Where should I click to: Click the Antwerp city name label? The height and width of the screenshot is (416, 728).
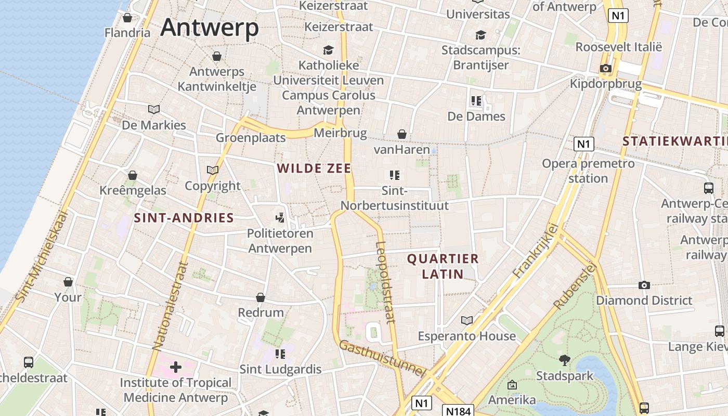[x=209, y=27]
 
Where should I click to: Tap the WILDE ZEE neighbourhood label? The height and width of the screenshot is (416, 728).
[x=314, y=168]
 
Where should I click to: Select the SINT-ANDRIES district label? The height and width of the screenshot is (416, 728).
[x=184, y=218]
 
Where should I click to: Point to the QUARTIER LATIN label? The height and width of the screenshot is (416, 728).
[x=435, y=266]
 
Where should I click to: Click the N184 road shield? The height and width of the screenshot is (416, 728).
[x=458, y=411]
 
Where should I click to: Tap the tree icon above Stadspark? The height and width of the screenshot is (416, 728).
[x=564, y=360]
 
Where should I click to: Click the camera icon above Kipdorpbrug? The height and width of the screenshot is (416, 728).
[x=605, y=68]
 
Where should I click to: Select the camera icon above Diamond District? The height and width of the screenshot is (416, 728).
[x=644, y=285]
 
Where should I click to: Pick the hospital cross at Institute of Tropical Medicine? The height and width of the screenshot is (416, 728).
[x=176, y=367]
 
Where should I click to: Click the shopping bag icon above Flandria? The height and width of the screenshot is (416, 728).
[x=127, y=18]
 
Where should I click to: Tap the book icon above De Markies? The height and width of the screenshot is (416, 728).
[x=154, y=109]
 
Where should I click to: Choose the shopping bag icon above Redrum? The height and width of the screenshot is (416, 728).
[x=261, y=297]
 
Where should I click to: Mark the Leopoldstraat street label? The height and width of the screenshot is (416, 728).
[x=385, y=282]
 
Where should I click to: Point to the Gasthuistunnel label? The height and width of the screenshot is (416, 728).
[x=382, y=359]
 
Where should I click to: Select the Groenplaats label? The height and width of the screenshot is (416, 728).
[x=251, y=138]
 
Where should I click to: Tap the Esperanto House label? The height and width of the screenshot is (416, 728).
[x=466, y=336]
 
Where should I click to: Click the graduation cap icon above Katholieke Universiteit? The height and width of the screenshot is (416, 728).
[x=328, y=50]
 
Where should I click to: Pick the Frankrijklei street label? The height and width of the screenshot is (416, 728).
[x=535, y=250]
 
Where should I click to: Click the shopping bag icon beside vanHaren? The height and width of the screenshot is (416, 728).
[x=401, y=135]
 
